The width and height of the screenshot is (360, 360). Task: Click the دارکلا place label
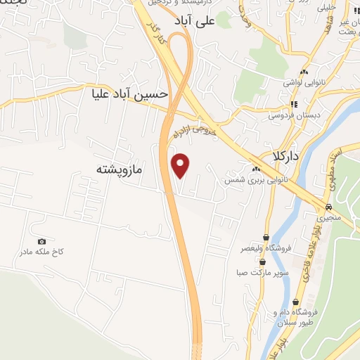pos(288,157)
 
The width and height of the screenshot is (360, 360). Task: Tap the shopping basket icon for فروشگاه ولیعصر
pos(265,238)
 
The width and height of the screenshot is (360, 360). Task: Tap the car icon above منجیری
pos(328,207)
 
